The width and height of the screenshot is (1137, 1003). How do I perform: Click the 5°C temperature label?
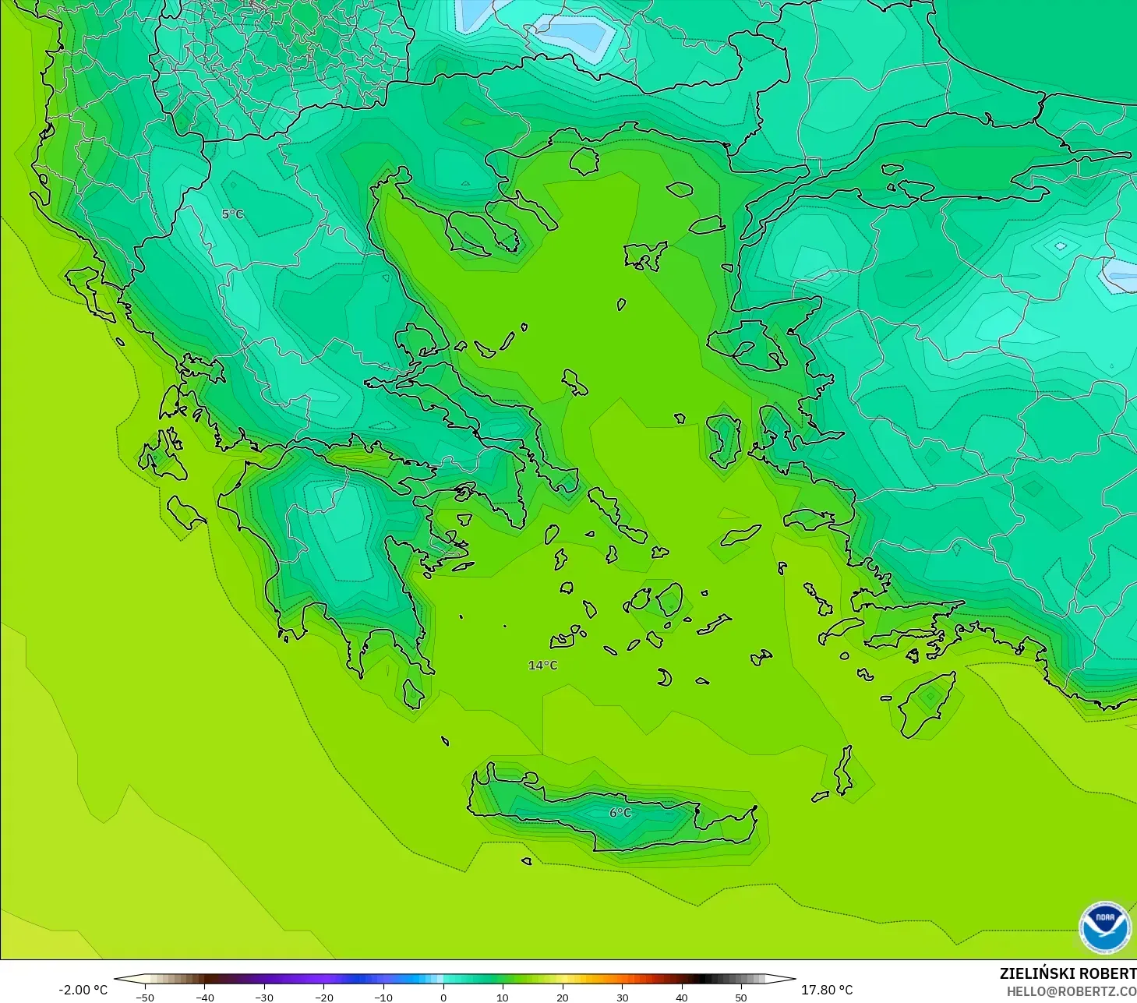coord(232,214)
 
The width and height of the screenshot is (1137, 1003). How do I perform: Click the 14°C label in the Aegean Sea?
coord(543,666)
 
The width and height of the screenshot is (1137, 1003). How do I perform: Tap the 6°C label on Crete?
coord(620,813)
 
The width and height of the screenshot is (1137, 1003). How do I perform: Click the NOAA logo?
coord(1104,927)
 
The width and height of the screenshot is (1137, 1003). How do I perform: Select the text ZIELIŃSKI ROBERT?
coord(1068,973)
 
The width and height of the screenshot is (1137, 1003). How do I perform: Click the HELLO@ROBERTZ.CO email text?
coord(1071,992)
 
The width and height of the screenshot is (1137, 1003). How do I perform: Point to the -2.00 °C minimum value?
coord(83,990)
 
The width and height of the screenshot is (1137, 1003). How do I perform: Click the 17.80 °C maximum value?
coord(827,990)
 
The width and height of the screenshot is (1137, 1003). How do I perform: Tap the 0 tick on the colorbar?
coord(443,997)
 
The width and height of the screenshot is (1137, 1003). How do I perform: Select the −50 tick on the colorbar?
coord(144,997)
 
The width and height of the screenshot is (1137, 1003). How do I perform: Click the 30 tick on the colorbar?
coord(622,997)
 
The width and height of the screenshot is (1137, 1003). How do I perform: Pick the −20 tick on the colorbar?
coord(323,997)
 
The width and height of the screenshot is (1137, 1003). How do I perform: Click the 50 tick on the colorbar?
coord(741,997)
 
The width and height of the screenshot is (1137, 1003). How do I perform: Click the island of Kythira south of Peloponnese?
coord(413,694)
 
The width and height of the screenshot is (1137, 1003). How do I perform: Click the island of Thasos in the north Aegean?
coord(584,161)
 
